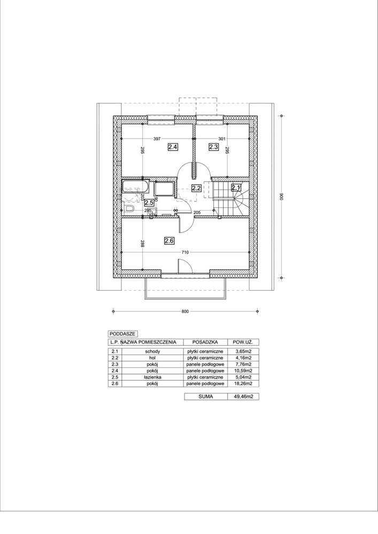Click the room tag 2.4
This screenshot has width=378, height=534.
pyautogui.click(x=173, y=146)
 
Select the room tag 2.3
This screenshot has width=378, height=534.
pyautogui.click(x=213, y=146)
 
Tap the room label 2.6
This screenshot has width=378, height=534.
pyautogui.click(x=169, y=241)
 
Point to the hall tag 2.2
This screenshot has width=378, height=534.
pyautogui.click(x=196, y=188)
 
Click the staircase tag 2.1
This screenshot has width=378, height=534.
pyautogui.click(x=236, y=188)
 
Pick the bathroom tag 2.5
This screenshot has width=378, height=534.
pyautogui.click(x=149, y=203)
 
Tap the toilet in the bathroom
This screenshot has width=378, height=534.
pyautogui.click(x=128, y=208)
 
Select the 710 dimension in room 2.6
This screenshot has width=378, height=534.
pyautogui.click(x=184, y=252)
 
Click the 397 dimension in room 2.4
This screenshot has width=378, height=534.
pyautogui.click(x=157, y=139)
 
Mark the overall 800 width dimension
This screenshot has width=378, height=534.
pyautogui.click(x=185, y=312)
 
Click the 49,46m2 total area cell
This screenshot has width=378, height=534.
pyautogui.click(x=243, y=397)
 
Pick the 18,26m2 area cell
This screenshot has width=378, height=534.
pyautogui.click(x=243, y=383)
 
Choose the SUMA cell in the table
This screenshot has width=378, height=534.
pyautogui.click(x=204, y=397)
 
